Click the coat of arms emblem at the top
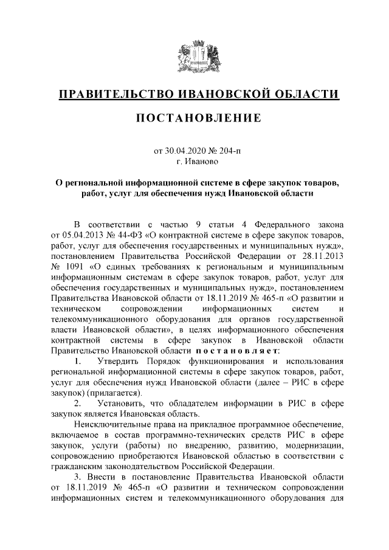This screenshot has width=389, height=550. (194, 58)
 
